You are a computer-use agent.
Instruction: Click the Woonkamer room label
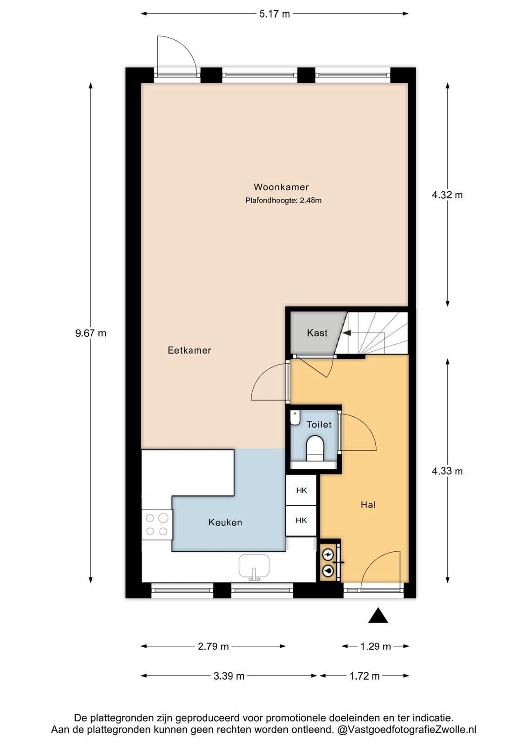[281, 187]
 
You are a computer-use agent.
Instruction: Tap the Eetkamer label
[189, 350]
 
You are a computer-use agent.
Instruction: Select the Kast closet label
[317, 332]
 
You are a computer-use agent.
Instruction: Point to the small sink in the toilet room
[295, 418]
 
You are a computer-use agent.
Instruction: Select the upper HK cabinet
[301, 490]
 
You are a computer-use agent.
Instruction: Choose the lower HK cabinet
[301, 521]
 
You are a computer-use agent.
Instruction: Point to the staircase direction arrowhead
[346, 332]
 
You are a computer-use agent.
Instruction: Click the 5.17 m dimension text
[274, 14]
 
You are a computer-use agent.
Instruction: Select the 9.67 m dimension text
[90, 333]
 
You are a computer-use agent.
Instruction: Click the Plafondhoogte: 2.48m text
[283, 201]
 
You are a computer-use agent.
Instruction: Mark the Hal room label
[368, 505]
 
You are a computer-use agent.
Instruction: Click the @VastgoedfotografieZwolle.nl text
[406, 730]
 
